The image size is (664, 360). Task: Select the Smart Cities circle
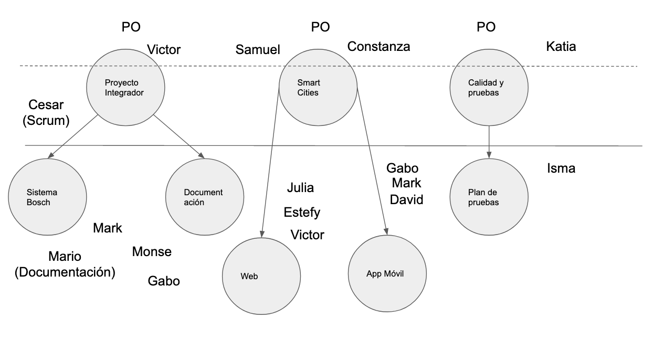tap(318, 87)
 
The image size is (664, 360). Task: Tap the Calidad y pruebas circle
tap(489, 87)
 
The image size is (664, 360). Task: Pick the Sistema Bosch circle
tap(47, 197)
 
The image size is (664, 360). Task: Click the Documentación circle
tap(205, 197)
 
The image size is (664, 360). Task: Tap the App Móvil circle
tap(387, 273)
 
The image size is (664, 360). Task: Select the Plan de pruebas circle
tap(489, 197)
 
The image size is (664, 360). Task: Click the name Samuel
tap(258, 50)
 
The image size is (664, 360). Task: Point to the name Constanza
tap(378, 47)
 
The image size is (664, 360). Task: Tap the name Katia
tap(561, 47)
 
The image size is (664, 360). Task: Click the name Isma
tap(561, 168)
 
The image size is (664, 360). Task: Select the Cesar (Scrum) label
tap(46, 113)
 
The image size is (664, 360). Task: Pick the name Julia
tap(300, 187)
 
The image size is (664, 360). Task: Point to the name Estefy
tap(302, 213)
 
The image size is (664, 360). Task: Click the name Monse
tap(152, 252)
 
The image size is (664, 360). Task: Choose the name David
tap(406, 200)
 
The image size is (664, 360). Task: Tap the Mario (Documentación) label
tap(65, 264)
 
